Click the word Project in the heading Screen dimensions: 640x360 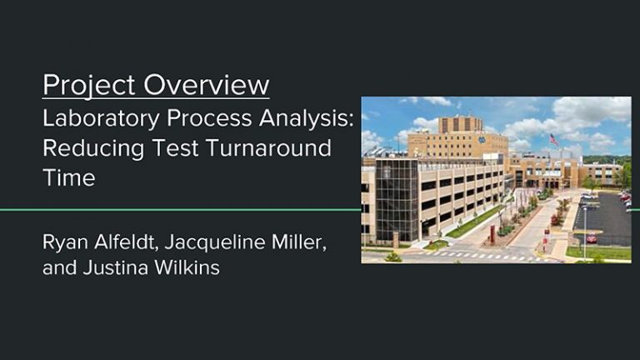tap(88, 86)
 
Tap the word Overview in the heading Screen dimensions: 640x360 tap(207, 85)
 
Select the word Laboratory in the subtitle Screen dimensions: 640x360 tap(101, 119)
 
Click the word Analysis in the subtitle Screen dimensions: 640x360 tap(306, 119)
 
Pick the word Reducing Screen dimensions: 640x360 tap(93, 149)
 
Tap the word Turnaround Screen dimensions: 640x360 tap(268, 147)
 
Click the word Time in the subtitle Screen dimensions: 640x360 tap(69, 178)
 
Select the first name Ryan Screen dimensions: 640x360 tap(65, 242)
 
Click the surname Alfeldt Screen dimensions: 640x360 tap(127, 242)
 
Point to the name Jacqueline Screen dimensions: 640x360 tap(215, 242)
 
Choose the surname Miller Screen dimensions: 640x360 tap(299, 242)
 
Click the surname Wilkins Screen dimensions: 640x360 tap(187, 267)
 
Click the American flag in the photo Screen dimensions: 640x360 tap(554, 140)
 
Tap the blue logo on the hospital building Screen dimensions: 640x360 tap(482, 140)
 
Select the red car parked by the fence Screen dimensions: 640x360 tap(592, 238)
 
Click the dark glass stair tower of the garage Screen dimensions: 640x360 tap(397, 200)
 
